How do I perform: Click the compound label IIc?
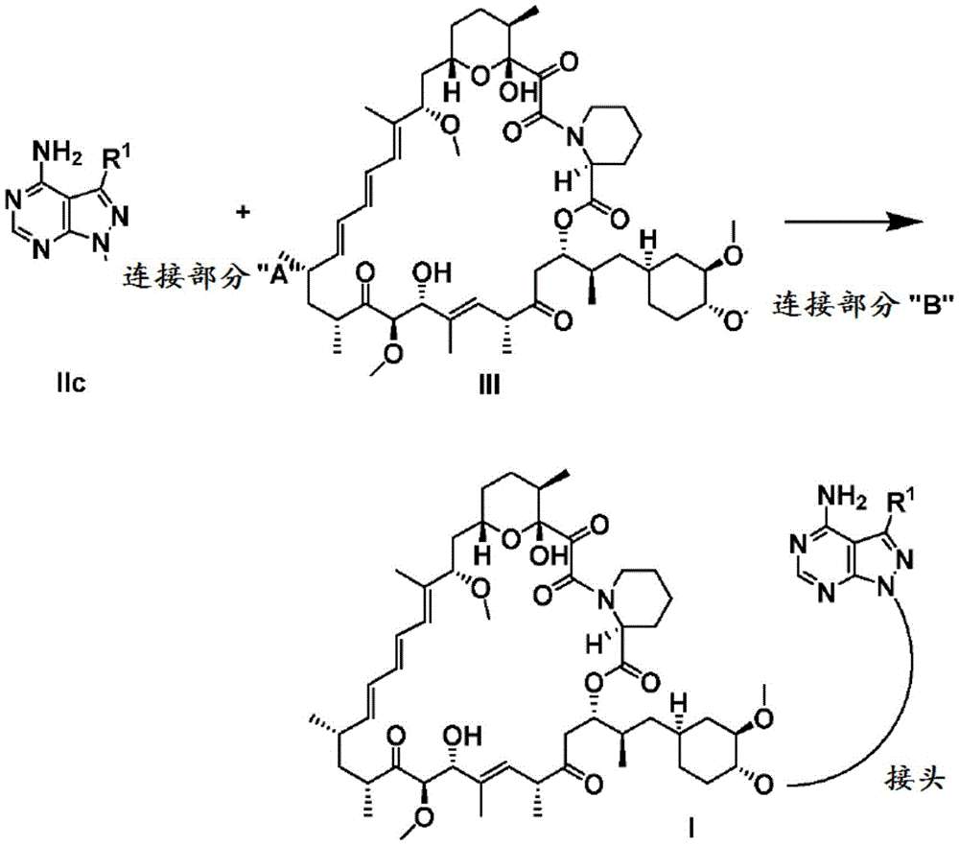point(70,384)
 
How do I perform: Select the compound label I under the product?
point(691,830)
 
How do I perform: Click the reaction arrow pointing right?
point(854,222)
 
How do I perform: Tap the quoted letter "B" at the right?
point(931,305)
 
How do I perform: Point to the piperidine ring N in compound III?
point(573,136)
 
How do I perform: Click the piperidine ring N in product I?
point(605,599)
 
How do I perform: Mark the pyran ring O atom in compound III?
point(480,77)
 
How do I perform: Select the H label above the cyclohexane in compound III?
point(649,239)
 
